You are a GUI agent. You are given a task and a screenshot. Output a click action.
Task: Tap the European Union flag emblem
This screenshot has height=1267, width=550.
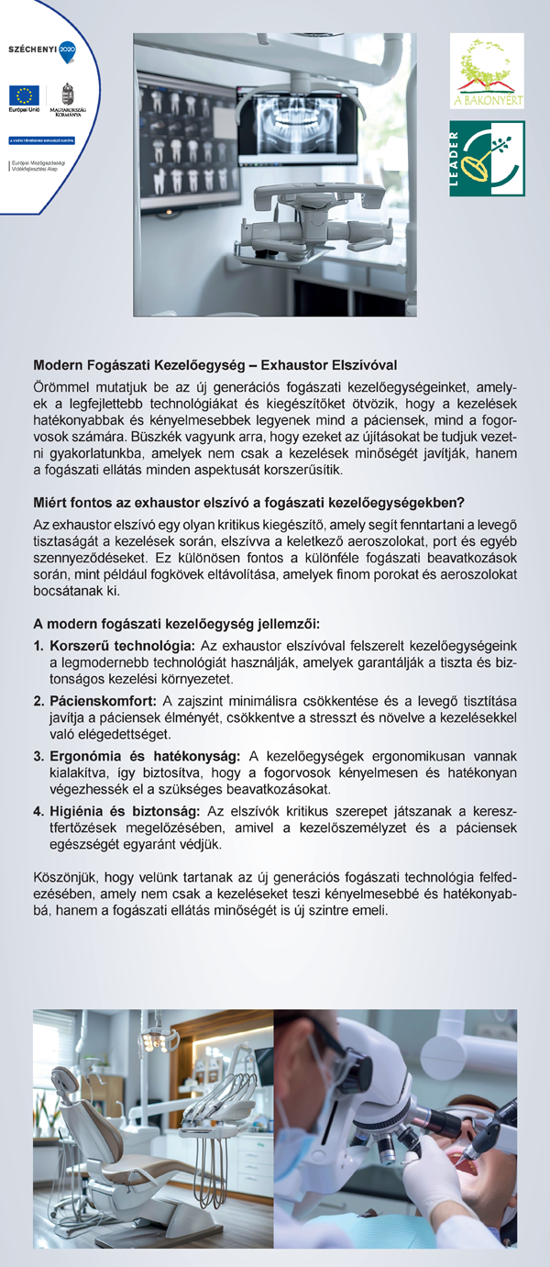coord(22,95)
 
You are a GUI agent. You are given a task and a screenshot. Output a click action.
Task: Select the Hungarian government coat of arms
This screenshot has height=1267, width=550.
coord(65,94)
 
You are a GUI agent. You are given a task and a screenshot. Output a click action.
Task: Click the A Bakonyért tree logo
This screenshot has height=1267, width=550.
coord(487,70)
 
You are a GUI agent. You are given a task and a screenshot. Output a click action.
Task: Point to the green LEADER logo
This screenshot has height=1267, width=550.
coord(487,159)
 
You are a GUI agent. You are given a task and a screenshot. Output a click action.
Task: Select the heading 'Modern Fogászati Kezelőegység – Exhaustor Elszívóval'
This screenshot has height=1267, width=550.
coord(214,365)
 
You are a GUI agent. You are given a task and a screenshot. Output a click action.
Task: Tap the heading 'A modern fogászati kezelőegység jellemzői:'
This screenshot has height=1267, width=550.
coord(176,624)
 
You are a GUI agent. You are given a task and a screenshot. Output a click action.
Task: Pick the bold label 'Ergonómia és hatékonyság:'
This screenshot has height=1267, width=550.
coord(144,756)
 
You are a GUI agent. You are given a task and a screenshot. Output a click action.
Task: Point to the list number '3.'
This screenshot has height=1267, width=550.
coord(38,756)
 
